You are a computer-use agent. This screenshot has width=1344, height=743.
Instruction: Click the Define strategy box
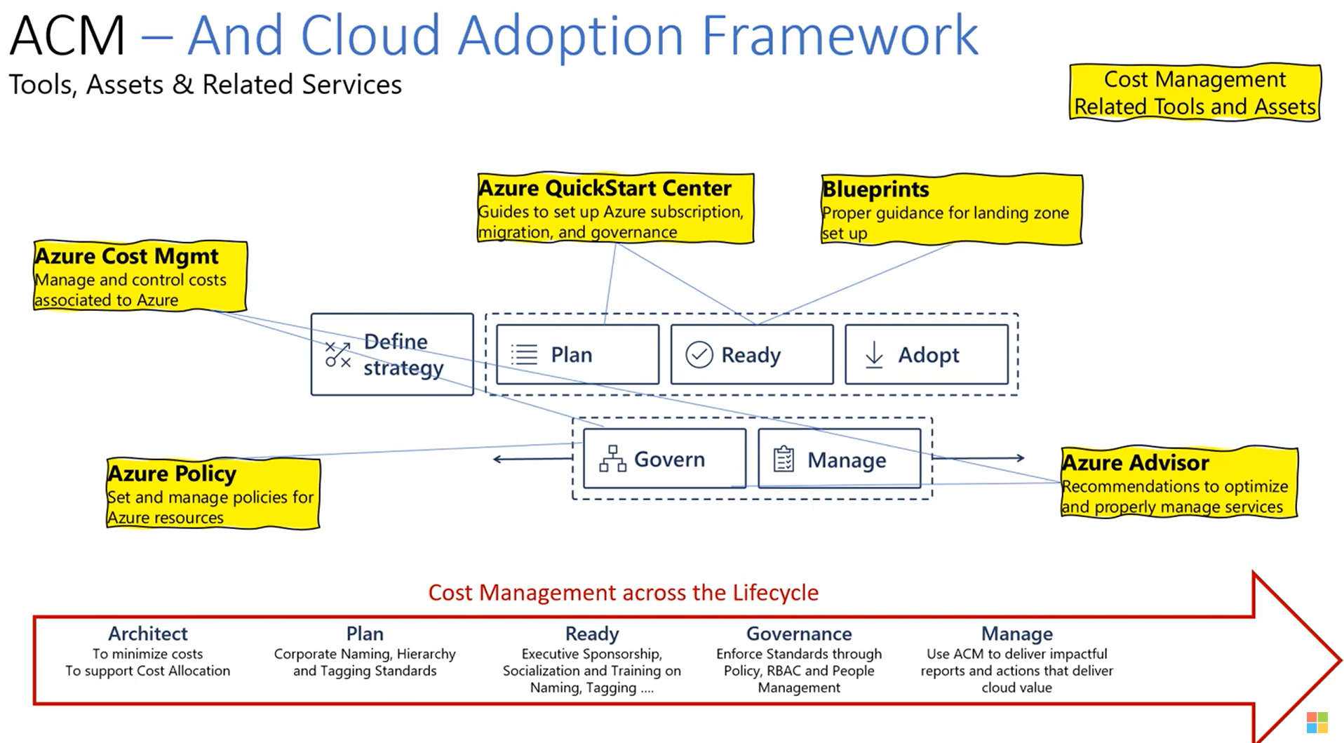pyautogui.click(x=392, y=354)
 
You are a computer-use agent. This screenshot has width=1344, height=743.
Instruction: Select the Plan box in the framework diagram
pyautogui.click(x=577, y=354)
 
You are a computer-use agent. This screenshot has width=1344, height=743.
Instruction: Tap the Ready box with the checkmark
pyautogui.click(x=751, y=354)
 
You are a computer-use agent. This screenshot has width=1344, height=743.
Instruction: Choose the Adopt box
pyautogui.click(x=926, y=354)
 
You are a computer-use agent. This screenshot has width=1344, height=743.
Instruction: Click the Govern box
pyautogui.click(x=664, y=459)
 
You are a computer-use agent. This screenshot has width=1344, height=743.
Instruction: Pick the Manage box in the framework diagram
pyautogui.click(x=839, y=459)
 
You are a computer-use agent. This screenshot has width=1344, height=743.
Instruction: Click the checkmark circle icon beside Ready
pyautogui.click(x=699, y=355)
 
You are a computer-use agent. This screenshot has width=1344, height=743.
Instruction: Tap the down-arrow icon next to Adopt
pyautogui.click(x=874, y=355)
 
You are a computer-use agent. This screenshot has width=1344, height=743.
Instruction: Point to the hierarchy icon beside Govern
pyautogui.click(x=612, y=459)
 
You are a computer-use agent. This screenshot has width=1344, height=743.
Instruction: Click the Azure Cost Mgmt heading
pyautogui.click(x=127, y=256)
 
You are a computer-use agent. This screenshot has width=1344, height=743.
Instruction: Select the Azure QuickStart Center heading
pyautogui.click(x=605, y=188)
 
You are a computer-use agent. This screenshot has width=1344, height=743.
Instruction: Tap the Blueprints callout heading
pyautogui.click(x=875, y=189)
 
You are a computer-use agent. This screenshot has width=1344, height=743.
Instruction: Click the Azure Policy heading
pyautogui.click(x=172, y=474)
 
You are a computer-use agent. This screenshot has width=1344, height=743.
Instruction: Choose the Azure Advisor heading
pyautogui.click(x=1136, y=463)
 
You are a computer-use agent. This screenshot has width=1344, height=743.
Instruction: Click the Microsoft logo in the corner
pyautogui.click(x=1317, y=723)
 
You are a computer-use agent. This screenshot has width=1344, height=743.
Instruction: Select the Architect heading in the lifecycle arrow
pyautogui.click(x=147, y=634)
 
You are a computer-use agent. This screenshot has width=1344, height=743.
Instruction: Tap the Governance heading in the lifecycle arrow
pyautogui.click(x=799, y=634)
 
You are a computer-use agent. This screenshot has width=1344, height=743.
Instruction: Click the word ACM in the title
pyautogui.click(x=67, y=35)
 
